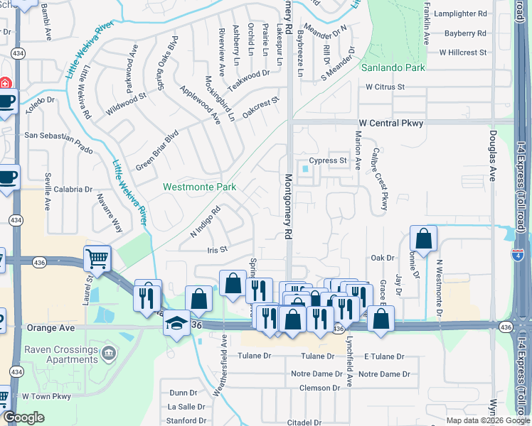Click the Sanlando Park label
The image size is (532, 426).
coord(393,68)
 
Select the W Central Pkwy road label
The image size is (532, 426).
coord(390,123)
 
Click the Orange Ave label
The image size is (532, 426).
coord(50,329)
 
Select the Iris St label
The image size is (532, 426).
coord(216,249)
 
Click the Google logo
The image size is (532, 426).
coord(23,417)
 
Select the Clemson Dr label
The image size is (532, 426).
coord(319,388)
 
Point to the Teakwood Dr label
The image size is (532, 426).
coord(254,73)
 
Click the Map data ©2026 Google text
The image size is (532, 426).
coord(487,420)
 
